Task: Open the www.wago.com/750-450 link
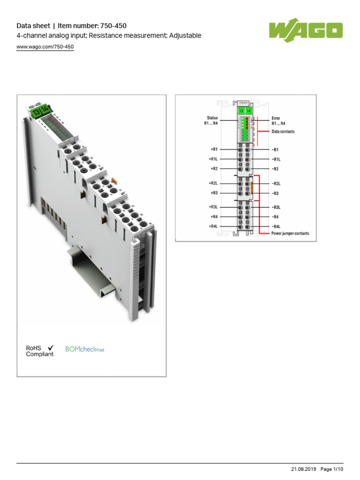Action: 45,47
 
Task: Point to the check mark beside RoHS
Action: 51,347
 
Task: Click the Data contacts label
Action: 283,132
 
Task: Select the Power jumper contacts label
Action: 290,233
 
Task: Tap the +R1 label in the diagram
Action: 214,150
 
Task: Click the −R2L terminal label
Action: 277,184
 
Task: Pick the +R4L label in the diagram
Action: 213,226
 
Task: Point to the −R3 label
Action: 276,193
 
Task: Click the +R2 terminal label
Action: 214,168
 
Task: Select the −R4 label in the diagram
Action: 276,217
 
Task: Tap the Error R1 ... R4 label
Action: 278,120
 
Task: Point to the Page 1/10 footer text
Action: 332,469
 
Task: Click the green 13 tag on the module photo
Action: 35,112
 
